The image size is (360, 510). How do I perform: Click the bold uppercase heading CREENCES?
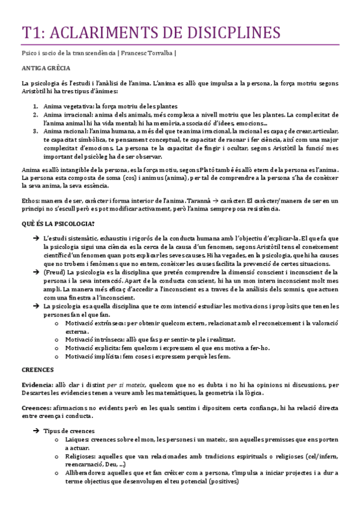(x=38, y=369)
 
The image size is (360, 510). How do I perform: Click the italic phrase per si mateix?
(x=124, y=384)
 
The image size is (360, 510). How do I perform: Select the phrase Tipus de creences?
(x=70, y=431)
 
